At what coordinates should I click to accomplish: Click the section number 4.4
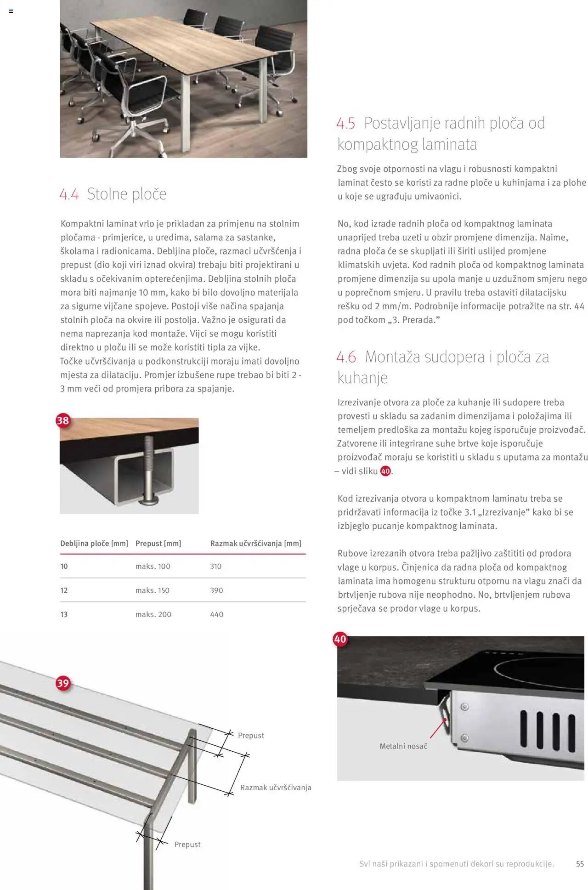click(69, 194)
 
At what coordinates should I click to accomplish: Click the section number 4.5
click(345, 124)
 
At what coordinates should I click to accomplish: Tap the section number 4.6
click(346, 357)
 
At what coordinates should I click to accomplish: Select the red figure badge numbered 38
click(63, 420)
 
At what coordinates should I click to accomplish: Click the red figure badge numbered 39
click(63, 683)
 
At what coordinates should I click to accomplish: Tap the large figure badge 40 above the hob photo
click(340, 639)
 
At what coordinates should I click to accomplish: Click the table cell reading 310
click(216, 567)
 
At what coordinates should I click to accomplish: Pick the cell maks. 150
click(153, 590)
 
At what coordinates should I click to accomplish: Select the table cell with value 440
click(217, 614)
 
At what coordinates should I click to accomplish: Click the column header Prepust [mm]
click(158, 544)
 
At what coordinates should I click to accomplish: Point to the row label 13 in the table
click(64, 614)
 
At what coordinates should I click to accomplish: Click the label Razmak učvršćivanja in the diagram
click(276, 788)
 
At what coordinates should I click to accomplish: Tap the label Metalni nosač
click(403, 746)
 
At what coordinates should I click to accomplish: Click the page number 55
click(580, 864)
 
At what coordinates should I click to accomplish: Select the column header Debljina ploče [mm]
click(94, 544)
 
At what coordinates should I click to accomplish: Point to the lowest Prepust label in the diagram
click(187, 845)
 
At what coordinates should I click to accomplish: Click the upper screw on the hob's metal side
click(464, 707)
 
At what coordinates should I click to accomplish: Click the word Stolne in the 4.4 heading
click(107, 194)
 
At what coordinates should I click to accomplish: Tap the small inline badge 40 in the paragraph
click(385, 471)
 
